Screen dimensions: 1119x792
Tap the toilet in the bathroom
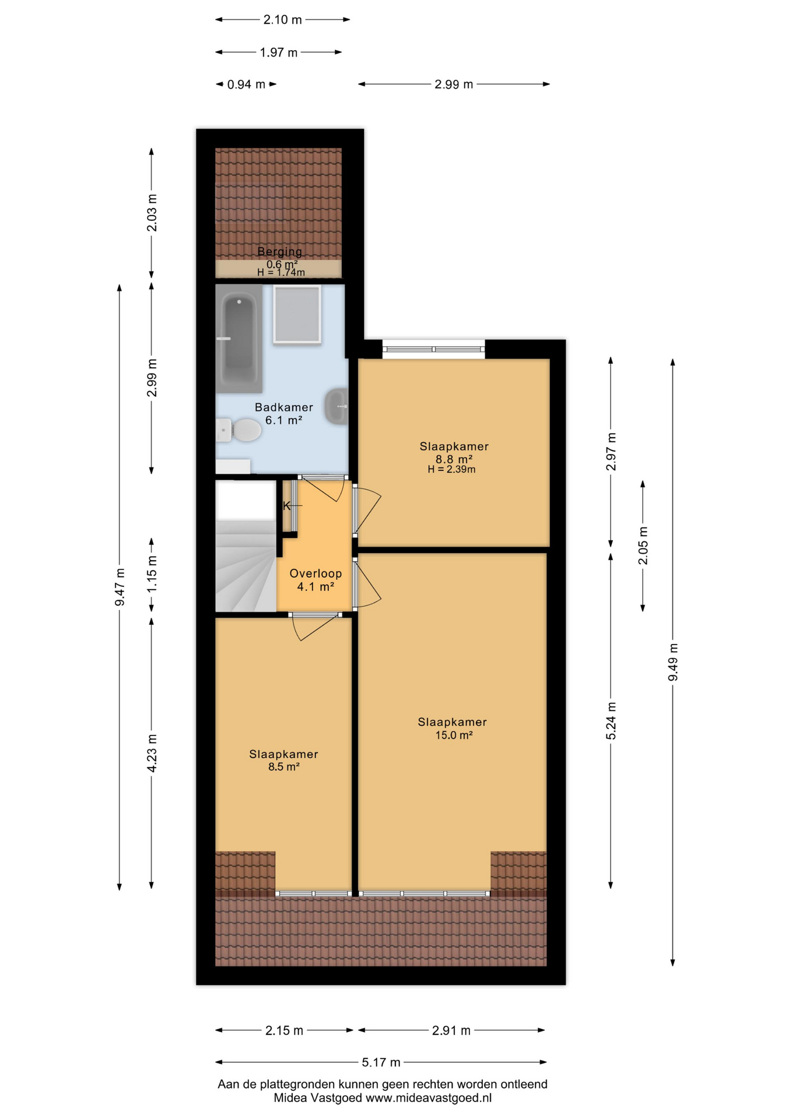coord(240,431)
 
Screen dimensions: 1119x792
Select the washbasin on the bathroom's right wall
coord(337,406)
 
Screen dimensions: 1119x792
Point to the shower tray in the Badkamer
coord(297,314)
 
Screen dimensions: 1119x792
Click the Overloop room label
coord(316,573)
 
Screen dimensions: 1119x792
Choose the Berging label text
coord(280,252)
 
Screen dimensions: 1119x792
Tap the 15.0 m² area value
coord(454,735)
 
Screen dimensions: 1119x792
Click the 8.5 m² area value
coord(284,767)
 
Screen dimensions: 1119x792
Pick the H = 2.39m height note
coord(451,470)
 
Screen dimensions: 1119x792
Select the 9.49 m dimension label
coord(673,662)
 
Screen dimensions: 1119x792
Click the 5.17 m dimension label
coord(381,1062)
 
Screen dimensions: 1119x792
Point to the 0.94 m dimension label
coord(246,85)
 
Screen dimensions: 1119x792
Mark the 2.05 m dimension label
coord(643,546)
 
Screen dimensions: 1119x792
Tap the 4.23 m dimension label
coord(152,753)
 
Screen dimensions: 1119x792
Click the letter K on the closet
coord(286,506)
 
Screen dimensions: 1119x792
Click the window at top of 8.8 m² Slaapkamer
coord(433,349)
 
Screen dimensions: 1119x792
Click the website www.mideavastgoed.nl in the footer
coord(428,1098)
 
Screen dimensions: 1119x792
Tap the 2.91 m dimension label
coord(451,1030)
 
